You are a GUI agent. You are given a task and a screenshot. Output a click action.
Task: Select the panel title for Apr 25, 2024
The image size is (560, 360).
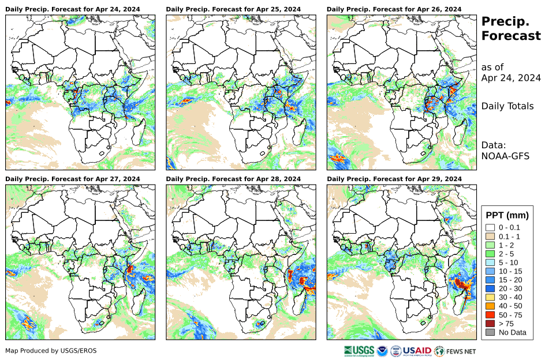(233, 9)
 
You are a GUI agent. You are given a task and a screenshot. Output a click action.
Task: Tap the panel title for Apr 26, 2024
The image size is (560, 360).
(394, 9)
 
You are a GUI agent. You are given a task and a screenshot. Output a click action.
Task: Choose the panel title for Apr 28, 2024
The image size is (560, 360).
(233, 179)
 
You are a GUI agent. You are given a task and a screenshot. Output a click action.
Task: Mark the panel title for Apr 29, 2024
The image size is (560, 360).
(394, 179)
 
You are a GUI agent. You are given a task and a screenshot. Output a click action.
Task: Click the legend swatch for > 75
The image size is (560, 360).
(490, 324)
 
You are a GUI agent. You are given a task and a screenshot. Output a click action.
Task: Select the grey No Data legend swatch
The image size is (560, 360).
(490, 332)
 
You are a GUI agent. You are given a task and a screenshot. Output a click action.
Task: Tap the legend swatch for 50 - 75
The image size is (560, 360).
(490, 315)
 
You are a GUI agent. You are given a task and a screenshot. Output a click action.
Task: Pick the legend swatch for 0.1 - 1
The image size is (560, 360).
(490, 236)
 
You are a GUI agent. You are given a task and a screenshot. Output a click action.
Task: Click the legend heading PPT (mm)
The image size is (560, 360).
(507, 215)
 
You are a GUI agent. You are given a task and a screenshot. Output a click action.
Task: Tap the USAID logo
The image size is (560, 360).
(417, 350)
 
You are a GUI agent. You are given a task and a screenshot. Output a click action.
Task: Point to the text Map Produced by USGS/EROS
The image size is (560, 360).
(51, 351)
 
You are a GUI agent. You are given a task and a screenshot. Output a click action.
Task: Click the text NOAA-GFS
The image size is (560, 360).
(506, 155)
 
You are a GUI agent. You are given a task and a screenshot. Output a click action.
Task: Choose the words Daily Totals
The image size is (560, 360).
(507, 106)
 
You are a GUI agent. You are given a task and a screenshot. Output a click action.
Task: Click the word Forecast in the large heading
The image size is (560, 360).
(511, 36)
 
